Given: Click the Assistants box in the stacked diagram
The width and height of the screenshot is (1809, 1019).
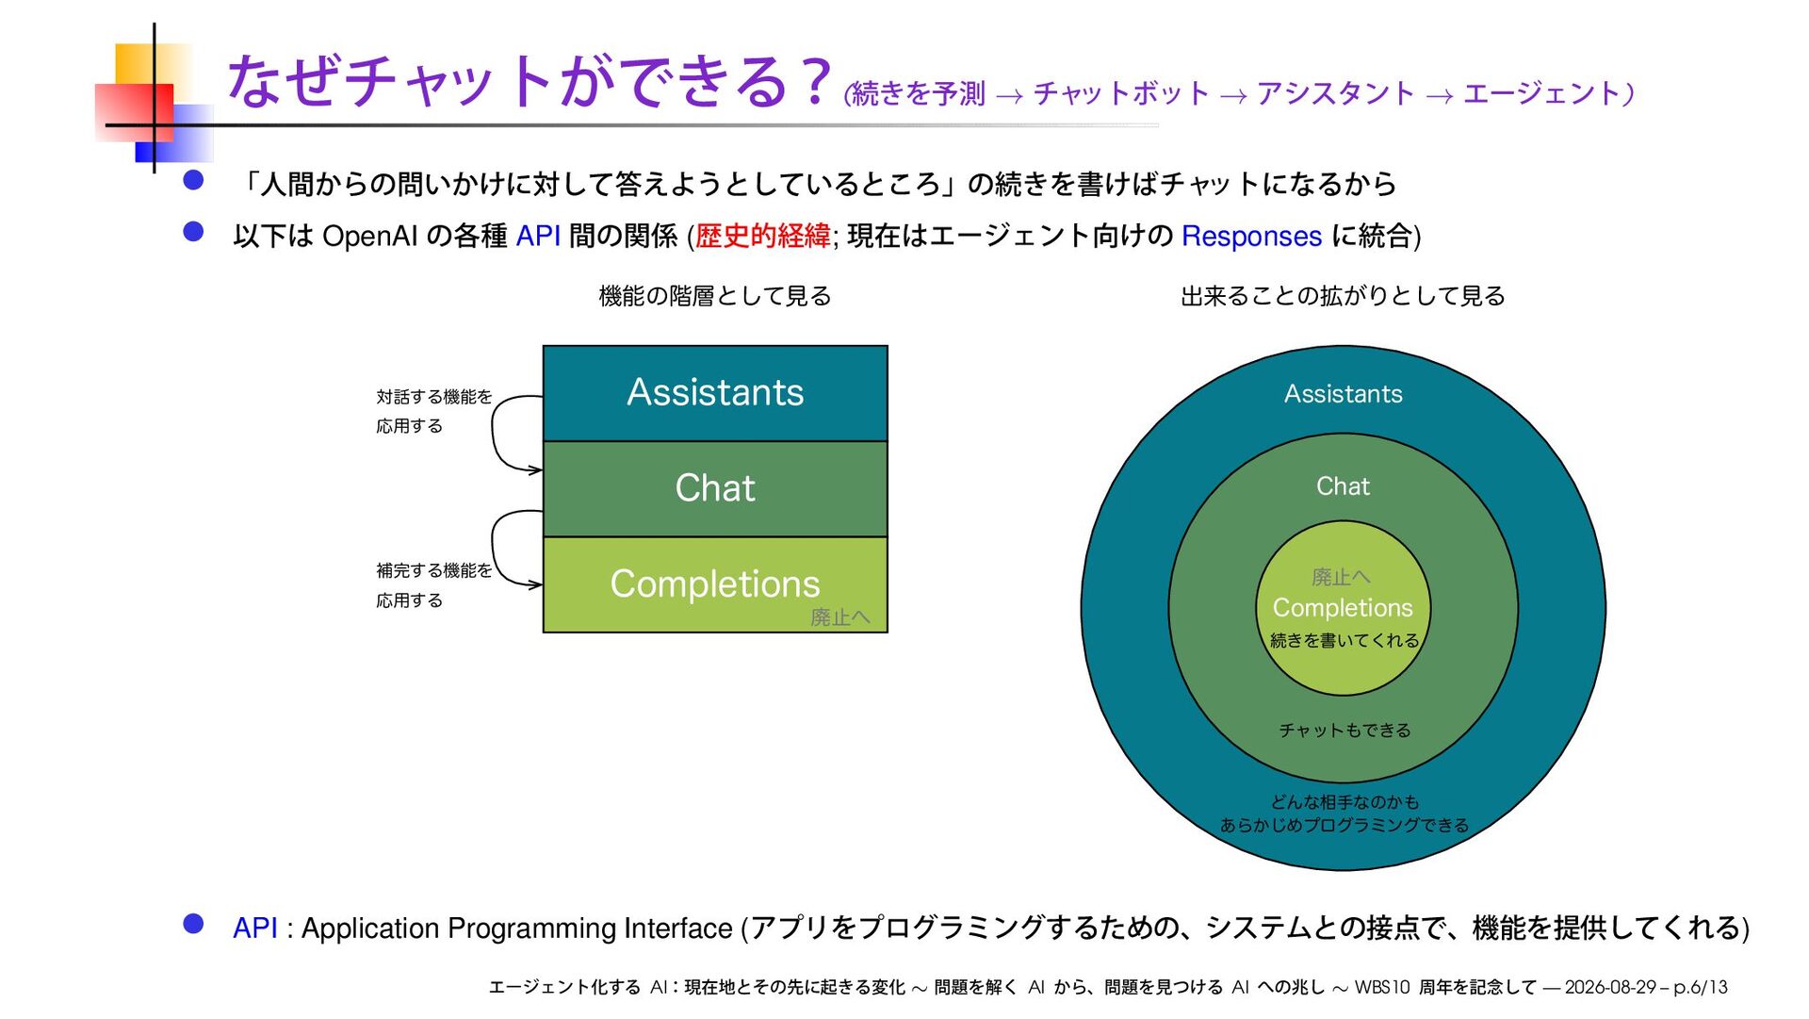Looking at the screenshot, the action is tap(715, 393).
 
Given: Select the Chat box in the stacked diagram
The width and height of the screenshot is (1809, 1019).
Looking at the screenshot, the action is tap(715, 489).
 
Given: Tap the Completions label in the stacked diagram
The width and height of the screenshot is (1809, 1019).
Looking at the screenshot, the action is tap(715, 583).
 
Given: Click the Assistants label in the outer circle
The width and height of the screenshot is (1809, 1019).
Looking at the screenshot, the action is tap(1343, 394).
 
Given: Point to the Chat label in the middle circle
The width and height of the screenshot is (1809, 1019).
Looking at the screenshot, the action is tap(1343, 486).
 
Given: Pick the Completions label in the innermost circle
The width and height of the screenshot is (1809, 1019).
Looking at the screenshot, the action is tap(1343, 608).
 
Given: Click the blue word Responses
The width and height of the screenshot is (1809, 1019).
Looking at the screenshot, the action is tap(1251, 236).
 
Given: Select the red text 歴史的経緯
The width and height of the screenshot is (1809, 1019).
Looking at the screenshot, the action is tap(762, 236).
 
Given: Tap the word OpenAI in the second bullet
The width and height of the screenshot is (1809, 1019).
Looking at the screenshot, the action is tap(370, 236).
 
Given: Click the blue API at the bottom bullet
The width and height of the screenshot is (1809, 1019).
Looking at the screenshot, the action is tap(255, 928).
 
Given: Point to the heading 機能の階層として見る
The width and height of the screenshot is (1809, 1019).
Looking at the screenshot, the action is tap(715, 296).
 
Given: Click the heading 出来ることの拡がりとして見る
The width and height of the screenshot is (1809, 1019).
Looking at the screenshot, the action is tap(1343, 296).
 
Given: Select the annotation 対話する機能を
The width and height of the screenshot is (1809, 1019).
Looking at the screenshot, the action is tap(433, 397).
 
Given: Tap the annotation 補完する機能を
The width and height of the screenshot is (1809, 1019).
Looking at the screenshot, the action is tap(433, 570).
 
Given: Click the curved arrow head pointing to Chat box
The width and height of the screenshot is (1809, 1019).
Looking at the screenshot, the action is tap(536, 469).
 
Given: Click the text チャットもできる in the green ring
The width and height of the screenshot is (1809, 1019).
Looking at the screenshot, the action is tap(1345, 731).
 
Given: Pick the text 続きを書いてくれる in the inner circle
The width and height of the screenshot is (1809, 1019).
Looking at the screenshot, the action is tap(1345, 641).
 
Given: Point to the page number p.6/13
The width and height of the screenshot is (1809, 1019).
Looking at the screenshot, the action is tap(1701, 987).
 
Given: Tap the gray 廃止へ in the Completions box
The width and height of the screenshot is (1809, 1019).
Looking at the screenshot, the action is tap(840, 617).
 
